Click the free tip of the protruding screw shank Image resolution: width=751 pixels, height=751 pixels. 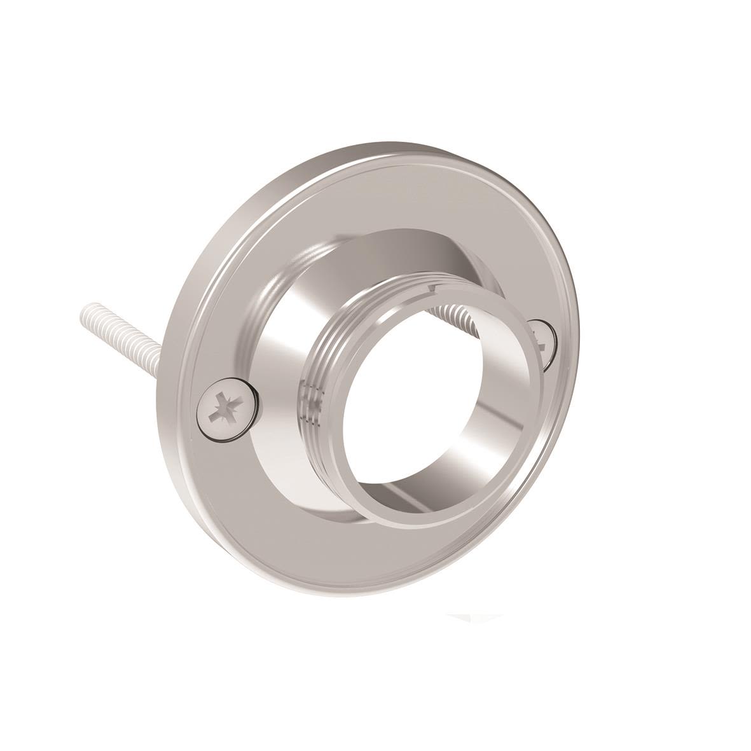pyautogui.click(x=86, y=312)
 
